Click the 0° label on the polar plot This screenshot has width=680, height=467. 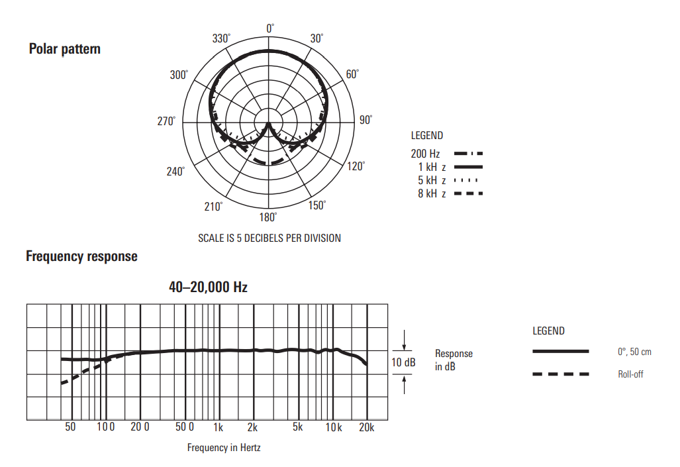click(270, 28)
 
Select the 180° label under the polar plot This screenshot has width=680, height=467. click(268, 217)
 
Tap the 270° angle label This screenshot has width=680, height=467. click(167, 121)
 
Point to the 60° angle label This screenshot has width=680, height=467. click(352, 74)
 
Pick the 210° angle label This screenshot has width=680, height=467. click(213, 206)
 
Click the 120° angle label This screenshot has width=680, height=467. click(356, 166)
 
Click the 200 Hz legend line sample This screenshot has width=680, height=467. click(468, 154)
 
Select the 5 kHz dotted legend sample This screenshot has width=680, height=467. click(465, 180)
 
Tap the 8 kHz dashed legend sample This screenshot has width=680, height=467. click(468, 193)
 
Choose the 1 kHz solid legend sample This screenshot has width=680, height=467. click(468, 167)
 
